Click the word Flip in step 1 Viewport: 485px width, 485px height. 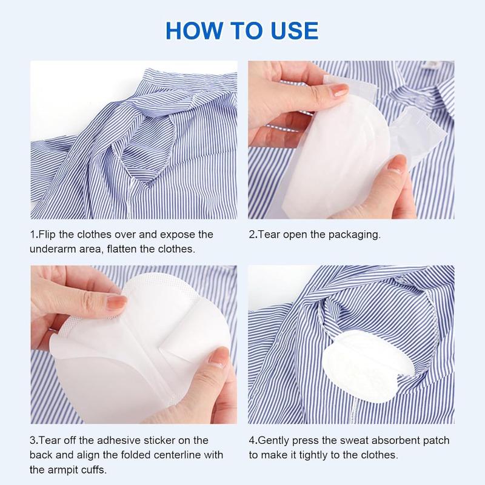pyautogui.click(x=50, y=235)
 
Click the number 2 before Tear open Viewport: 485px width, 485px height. pyautogui.click(x=252, y=235)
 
